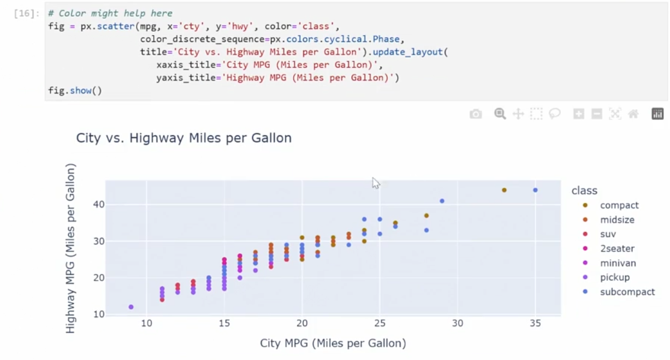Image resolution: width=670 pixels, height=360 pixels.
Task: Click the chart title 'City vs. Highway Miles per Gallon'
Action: coord(183,138)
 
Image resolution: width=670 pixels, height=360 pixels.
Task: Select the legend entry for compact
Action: coord(619,206)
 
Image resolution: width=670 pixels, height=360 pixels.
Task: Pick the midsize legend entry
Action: coord(616,220)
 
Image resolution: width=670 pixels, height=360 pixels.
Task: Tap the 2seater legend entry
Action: coord(616,249)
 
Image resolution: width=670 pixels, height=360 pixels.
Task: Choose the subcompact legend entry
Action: coord(627,292)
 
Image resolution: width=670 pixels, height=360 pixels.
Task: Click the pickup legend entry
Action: coord(614,278)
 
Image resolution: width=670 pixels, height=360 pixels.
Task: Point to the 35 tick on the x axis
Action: coord(535,324)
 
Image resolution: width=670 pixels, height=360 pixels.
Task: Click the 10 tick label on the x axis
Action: coord(147,324)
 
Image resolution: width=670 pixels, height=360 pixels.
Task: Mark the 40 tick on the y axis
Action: coord(99,205)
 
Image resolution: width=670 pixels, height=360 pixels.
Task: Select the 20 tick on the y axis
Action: coord(99,278)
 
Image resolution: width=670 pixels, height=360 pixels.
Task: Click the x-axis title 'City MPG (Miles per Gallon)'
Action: coord(333,343)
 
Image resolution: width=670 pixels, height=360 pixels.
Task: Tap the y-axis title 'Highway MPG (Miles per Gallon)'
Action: coord(70,249)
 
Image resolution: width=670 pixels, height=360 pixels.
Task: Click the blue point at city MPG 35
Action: coord(535,190)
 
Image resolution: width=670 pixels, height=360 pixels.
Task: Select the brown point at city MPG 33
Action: coord(504,190)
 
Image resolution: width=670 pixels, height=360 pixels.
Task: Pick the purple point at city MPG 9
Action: coord(131,307)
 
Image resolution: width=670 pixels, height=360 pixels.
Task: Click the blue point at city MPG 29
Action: coord(442,201)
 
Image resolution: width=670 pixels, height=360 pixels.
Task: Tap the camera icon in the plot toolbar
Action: coord(475,114)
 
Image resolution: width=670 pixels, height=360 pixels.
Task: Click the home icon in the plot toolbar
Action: coord(633,114)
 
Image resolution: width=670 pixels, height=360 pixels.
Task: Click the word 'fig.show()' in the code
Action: coord(75,90)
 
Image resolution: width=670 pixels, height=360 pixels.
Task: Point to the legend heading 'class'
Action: coord(584,191)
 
